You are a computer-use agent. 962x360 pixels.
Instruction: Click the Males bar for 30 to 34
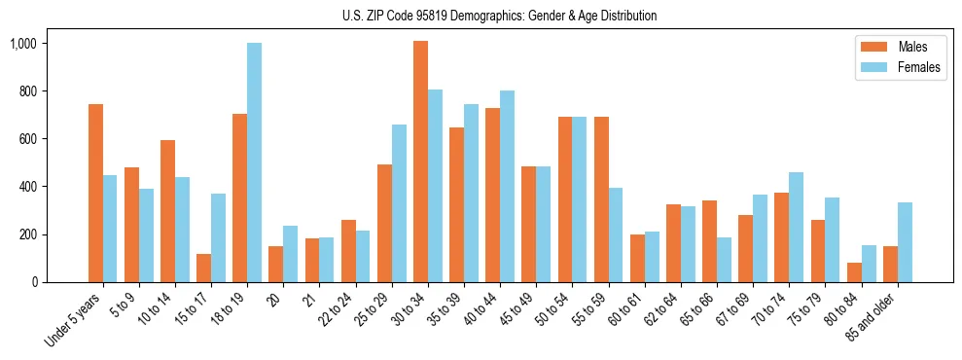[x=420, y=162]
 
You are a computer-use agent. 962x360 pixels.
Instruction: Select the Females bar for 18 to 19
[x=254, y=162]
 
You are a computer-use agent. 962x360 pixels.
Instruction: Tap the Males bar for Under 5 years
[x=95, y=193]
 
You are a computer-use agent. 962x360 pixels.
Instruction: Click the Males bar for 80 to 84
[x=854, y=272]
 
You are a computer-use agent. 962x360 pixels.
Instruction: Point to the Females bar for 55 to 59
[x=616, y=234]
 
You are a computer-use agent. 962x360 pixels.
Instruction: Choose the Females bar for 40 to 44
[x=507, y=186]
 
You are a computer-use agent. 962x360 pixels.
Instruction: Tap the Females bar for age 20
[x=290, y=254]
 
